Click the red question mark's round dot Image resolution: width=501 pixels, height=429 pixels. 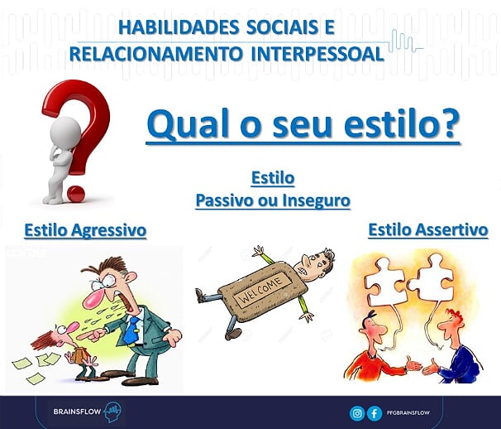click(76, 194)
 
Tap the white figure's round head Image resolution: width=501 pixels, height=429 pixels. click(65, 133)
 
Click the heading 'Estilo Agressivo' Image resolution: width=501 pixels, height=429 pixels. click(85, 230)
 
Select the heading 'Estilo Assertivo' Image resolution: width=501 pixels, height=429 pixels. click(428, 229)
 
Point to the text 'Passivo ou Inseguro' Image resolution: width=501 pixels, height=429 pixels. click(273, 200)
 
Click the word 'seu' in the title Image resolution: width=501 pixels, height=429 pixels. click(302, 123)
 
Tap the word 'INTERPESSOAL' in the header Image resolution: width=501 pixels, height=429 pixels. click(317, 54)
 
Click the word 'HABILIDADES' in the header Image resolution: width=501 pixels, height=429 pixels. click(179, 27)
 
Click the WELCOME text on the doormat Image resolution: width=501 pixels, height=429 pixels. click(262, 290)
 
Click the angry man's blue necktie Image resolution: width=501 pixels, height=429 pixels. click(131, 330)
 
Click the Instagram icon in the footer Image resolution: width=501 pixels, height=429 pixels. click(357, 413)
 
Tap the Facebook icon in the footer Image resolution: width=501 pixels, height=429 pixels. click(374, 413)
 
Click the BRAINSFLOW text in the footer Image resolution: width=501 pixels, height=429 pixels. click(77, 412)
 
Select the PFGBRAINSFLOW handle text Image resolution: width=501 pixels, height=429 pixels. click(408, 413)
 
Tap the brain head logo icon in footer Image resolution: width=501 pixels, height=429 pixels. click(112, 412)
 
